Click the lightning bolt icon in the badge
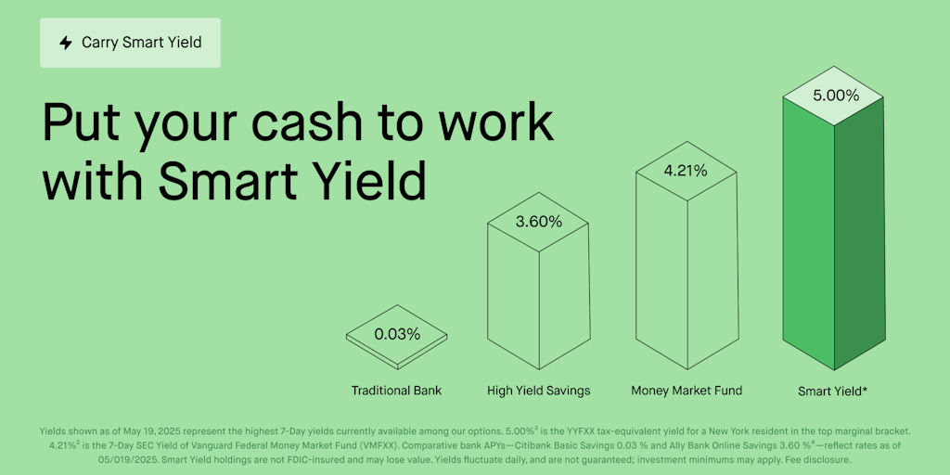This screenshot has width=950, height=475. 66,43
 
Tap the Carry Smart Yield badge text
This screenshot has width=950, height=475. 141,43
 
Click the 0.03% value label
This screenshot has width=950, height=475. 397,334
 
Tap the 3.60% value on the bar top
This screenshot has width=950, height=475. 538,222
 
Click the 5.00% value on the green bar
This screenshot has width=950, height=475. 835,95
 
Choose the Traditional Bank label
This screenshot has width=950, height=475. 396,391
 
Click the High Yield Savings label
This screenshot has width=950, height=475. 538,391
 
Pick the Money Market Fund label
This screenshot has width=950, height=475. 687,391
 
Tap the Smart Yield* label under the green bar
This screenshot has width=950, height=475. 833,392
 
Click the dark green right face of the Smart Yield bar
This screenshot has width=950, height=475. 861,241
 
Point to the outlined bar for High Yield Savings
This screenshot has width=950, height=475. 513,297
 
